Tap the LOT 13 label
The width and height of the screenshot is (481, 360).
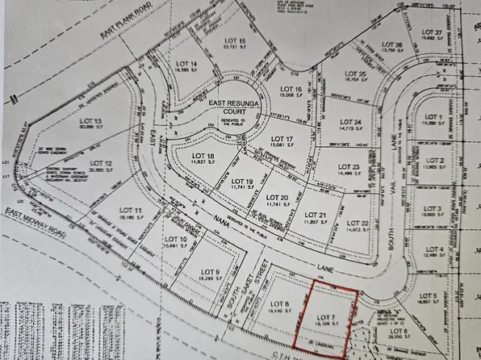click(92, 121)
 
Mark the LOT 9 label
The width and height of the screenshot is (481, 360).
click(211, 271)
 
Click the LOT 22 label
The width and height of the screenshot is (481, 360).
click(358, 223)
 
